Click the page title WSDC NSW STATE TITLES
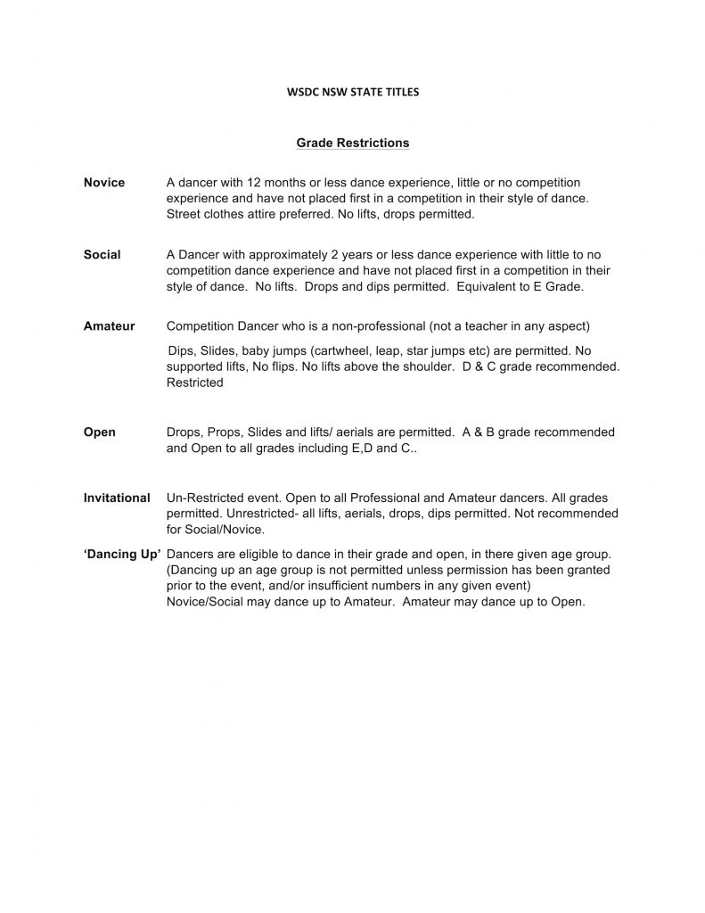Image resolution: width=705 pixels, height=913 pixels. pyautogui.click(x=352, y=91)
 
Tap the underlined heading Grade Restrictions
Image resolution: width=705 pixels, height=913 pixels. pyautogui.click(x=352, y=143)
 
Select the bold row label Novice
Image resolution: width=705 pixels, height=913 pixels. pyautogui.click(x=104, y=183)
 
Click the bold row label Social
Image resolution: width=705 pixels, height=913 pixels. pyautogui.click(x=102, y=255)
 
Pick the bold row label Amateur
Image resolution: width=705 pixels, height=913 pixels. pyautogui.click(x=109, y=326)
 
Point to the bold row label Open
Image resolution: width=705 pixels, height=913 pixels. pyautogui.click(x=99, y=432)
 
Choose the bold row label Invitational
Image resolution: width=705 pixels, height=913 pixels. pyautogui.click(x=117, y=498)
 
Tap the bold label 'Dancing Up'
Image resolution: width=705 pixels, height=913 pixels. pyautogui.click(x=122, y=554)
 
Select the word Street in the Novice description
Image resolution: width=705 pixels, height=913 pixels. pyautogui.click(x=184, y=215)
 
